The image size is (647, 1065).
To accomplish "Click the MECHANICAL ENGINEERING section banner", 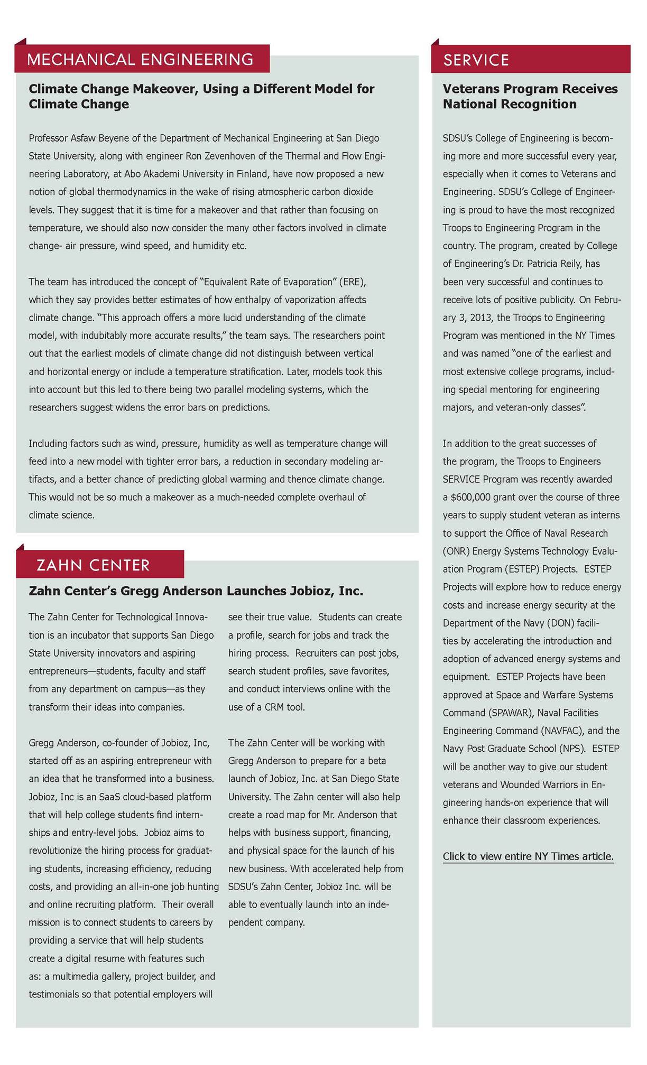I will (x=140, y=59).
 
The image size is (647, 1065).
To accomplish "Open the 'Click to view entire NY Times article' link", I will (x=528, y=856).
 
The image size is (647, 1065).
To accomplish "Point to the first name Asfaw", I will (x=83, y=138).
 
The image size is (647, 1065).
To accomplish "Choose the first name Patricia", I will (x=553, y=264).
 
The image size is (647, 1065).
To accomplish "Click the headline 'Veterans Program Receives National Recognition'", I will (x=530, y=96).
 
